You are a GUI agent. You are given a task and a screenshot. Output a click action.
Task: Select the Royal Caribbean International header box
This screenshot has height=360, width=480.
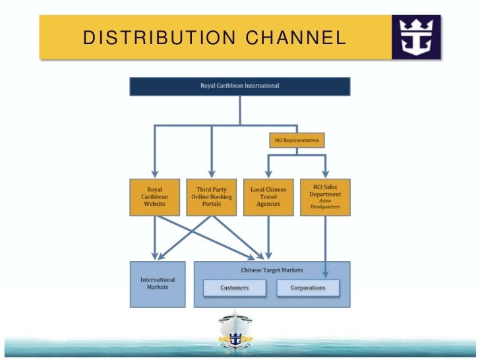click(239, 86)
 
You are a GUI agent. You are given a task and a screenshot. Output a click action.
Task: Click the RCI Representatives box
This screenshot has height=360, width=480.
click(297, 140)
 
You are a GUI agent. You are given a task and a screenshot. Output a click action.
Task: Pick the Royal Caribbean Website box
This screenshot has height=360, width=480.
click(155, 196)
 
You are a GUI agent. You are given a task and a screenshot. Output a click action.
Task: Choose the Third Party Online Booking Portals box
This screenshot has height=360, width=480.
click(212, 196)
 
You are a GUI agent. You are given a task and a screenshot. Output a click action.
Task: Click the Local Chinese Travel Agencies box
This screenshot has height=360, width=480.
click(268, 196)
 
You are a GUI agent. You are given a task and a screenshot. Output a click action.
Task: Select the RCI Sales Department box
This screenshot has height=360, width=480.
click(325, 196)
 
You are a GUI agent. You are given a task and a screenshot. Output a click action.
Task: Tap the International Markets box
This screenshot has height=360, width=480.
click(157, 284)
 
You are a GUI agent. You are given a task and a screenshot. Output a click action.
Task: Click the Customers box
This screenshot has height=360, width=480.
click(234, 288)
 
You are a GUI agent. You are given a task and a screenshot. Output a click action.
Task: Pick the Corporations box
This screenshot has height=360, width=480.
click(308, 288)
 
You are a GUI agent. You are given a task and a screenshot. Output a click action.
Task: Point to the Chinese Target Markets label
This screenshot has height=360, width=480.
click(272, 269)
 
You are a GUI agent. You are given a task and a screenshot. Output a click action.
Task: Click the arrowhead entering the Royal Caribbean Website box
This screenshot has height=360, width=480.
click(155, 175)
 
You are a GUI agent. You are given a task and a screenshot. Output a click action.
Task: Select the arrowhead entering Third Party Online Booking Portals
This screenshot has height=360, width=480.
click(212, 175)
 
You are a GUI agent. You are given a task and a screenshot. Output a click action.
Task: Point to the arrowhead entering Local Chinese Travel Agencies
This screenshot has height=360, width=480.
click(268, 175)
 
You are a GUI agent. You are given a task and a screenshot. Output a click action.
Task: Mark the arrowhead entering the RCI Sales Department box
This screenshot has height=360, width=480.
click(325, 175)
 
